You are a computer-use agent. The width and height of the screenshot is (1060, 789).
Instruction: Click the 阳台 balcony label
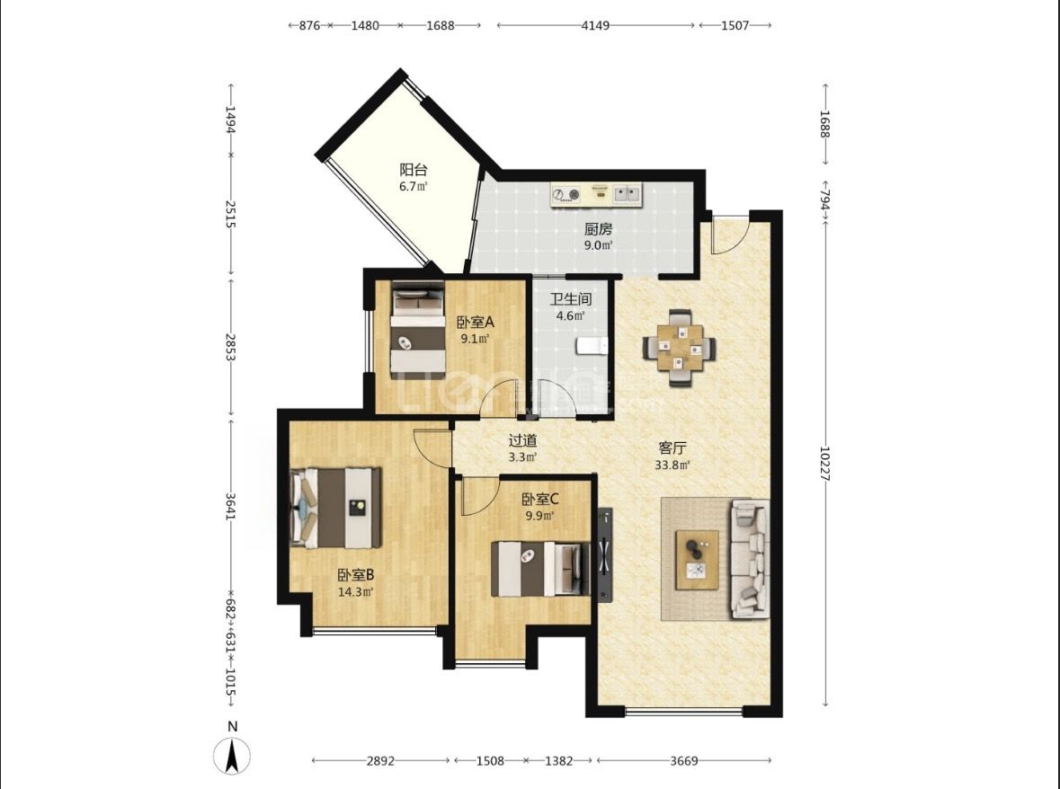pos(413,170)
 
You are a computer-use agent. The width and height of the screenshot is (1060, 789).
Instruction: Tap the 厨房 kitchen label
pos(598,229)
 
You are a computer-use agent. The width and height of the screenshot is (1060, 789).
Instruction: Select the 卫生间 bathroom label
pos(571,298)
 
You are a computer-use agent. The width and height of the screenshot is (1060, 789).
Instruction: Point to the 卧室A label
pos(476,323)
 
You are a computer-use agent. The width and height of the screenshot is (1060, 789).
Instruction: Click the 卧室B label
pos(356,575)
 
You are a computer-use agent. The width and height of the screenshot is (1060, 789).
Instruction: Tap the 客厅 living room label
pos(673,448)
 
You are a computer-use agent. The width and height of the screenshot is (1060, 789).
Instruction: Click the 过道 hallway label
pos(522,440)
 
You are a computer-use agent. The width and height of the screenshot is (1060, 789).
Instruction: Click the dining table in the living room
pos(680,348)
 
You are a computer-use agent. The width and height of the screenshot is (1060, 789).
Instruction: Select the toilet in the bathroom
pos(592,346)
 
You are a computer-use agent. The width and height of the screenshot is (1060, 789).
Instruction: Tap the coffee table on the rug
pos(698,560)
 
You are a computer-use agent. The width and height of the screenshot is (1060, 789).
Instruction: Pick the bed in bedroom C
pos(540,569)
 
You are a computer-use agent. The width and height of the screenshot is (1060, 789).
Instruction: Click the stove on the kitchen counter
pos(566,195)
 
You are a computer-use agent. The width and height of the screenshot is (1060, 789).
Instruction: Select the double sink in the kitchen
pos(627,194)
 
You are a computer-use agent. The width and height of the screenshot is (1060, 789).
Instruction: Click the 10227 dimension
pos(825,463)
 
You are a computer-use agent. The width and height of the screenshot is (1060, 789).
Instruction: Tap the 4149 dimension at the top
pos(595,25)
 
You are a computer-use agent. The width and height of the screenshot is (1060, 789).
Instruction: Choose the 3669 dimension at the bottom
pos(683,760)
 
